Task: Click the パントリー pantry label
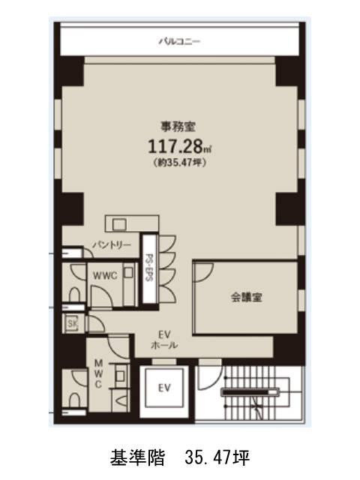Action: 112,245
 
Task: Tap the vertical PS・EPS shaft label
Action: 148,266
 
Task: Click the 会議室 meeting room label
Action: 246,297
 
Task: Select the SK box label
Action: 73,323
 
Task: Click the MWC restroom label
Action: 98,373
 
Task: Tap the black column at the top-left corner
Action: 73,70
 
